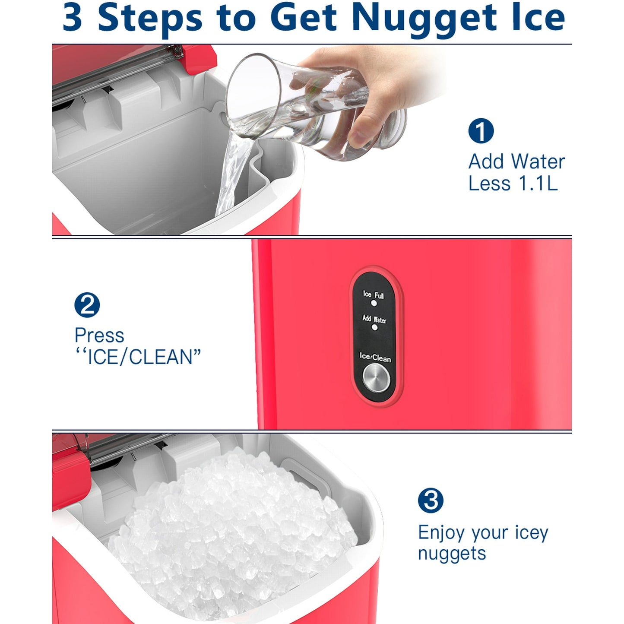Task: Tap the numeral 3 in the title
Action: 72,17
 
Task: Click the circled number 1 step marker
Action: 481,130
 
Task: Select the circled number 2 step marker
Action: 87,305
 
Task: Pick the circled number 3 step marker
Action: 431,500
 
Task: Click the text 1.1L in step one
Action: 538,183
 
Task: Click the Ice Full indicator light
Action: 374,304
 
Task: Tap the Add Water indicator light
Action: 375,327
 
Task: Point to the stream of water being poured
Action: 232,175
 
